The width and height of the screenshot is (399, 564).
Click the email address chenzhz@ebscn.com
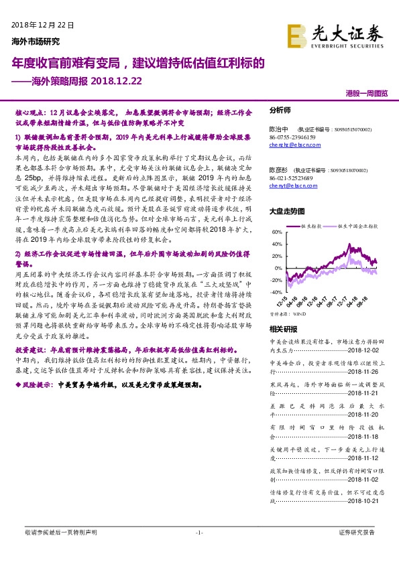(x=293, y=144)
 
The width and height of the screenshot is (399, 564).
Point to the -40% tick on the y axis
(x=276, y=293)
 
